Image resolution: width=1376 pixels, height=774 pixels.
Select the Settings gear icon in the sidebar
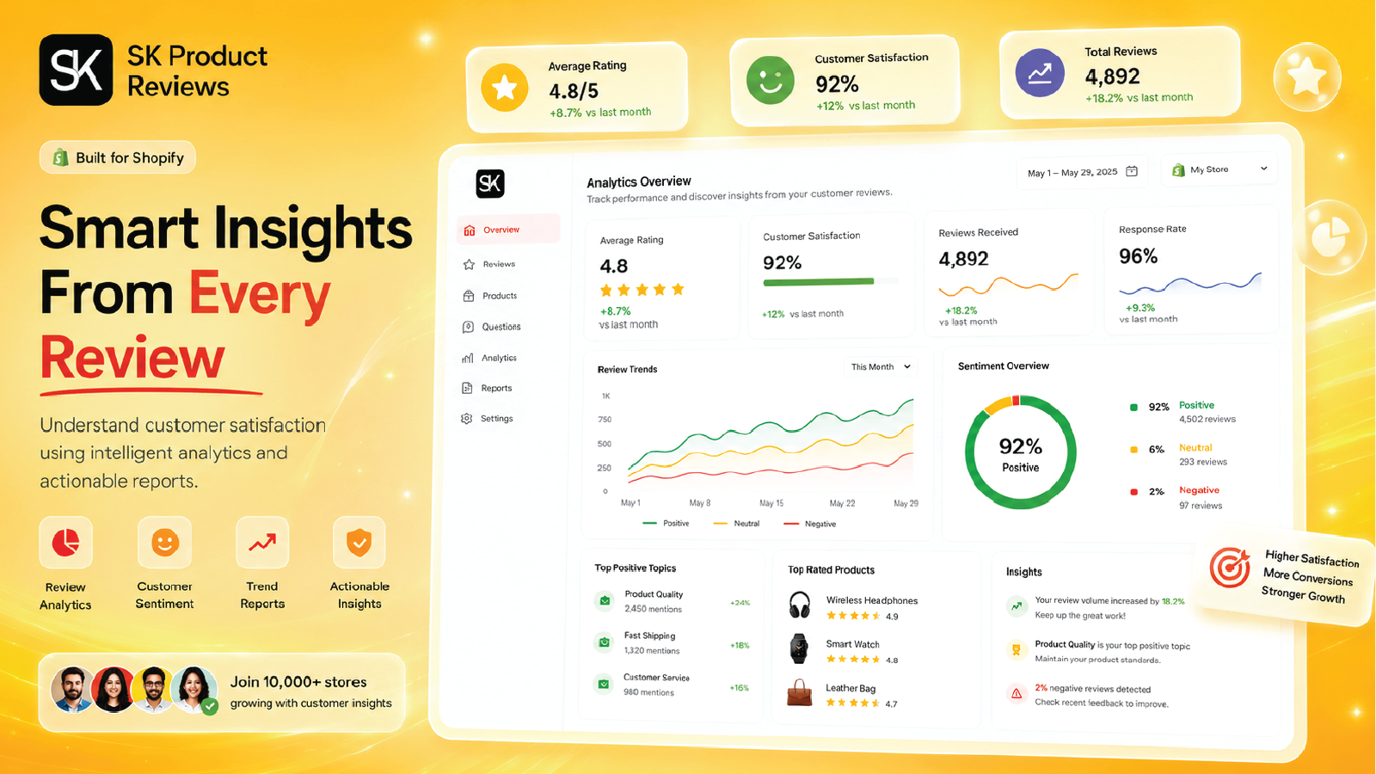pyautogui.click(x=467, y=418)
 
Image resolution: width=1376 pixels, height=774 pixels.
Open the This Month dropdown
pyautogui.click(x=881, y=366)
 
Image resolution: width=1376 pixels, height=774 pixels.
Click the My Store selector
pyautogui.click(x=1219, y=169)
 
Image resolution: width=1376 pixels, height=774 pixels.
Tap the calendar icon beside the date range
pyautogui.click(x=1132, y=171)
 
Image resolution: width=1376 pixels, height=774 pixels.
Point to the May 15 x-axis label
pyautogui.click(x=771, y=503)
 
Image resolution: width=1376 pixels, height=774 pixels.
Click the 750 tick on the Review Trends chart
pyautogui.click(x=605, y=420)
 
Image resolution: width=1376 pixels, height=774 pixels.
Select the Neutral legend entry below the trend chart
pyautogui.click(x=736, y=524)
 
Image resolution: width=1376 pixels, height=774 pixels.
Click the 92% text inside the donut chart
pyautogui.click(x=1020, y=446)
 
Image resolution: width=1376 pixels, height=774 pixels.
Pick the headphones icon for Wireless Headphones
pyautogui.click(x=800, y=605)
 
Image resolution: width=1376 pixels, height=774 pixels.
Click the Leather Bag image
pyautogui.click(x=799, y=692)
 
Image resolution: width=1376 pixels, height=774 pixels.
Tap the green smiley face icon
pyautogui.click(x=771, y=81)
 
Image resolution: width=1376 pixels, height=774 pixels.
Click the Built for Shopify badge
pyautogui.click(x=117, y=157)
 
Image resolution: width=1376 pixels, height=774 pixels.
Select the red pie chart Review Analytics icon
pyautogui.click(x=65, y=543)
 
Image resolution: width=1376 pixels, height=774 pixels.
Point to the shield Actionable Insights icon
pyautogui.click(x=359, y=543)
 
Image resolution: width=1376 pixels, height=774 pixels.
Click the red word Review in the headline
pyautogui.click(x=132, y=358)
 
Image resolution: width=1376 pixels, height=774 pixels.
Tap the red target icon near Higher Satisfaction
pyautogui.click(x=1229, y=568)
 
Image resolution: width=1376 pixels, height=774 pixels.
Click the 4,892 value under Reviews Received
pyautogui.click(x=963, y=259)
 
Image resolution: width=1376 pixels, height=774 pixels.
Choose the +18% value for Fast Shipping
pyautogui.click(x=740, y=646)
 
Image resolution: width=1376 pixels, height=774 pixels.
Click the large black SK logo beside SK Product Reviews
pyautogui.click(x=77, y=70)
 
